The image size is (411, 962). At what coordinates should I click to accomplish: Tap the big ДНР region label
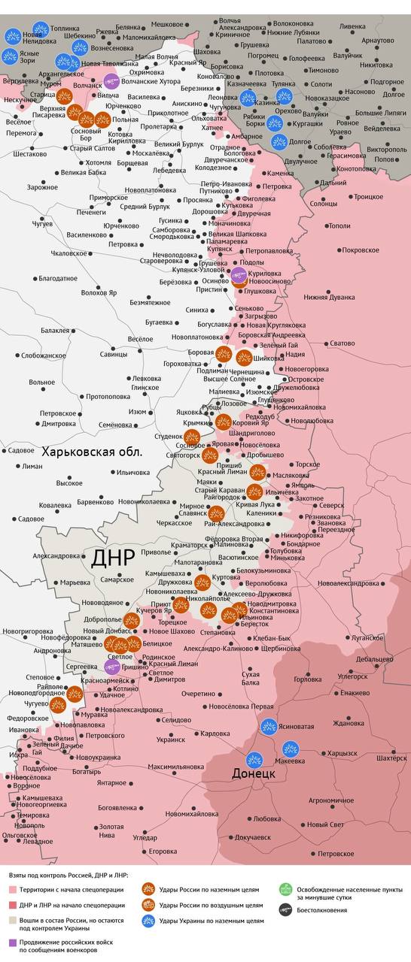[112, 558]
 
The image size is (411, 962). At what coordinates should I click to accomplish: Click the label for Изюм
[137, 412]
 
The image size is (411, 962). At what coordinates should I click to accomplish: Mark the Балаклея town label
[55, 330]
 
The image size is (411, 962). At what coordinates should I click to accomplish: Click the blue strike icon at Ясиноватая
[269, 726]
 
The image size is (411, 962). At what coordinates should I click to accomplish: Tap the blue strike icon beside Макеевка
[291, 749]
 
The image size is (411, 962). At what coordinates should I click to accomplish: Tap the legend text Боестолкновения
[322, 910]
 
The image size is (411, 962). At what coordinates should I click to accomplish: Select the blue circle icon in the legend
[148, 920]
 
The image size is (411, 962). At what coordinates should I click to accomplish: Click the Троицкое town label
[368, 196]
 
